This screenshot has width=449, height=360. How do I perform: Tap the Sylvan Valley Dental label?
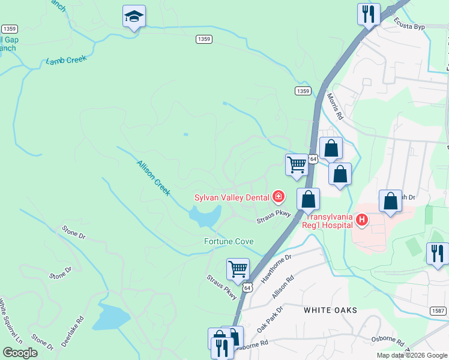[232, 197]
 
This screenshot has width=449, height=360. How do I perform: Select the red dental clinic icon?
[278, 196]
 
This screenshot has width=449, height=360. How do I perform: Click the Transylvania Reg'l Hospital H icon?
[361, 220]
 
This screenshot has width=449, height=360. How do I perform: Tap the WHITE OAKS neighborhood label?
[330, 310]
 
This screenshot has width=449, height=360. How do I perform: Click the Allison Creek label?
[154, 177]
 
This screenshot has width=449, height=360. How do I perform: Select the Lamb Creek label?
[67, 60]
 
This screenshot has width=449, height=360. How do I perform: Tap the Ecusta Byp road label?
[409, 23]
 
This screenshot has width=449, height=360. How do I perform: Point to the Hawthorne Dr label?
[276, 265]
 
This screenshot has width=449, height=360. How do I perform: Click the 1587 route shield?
[438, 310]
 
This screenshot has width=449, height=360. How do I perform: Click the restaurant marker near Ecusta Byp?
[368, 13]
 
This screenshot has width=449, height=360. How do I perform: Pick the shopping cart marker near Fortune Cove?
[238, 269]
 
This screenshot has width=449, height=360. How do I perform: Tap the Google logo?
[20, 353]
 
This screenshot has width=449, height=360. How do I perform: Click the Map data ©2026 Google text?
[412, 355]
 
